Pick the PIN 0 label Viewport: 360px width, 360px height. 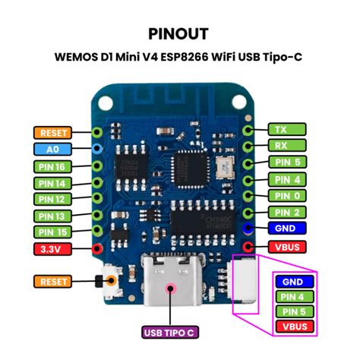(287, 195)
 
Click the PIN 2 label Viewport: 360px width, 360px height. (287, 212)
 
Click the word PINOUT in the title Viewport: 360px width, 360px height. (179, 34)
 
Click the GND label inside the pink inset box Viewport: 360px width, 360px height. (292, 281)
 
